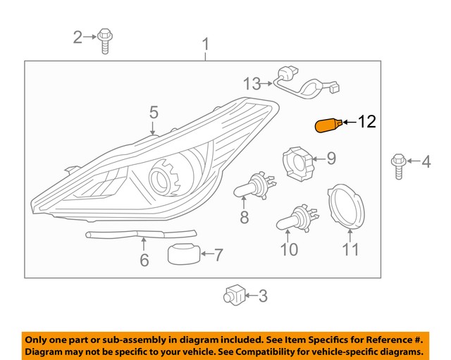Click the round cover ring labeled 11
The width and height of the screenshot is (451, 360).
pos(350,206)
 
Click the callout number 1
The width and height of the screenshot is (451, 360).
pos(206,45)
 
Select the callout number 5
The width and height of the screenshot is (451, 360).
pos(153,111)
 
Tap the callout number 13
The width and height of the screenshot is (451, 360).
pos(252,85)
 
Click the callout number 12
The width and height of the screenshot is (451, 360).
pos(367,122)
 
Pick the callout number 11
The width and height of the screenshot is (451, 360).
pos(350,249)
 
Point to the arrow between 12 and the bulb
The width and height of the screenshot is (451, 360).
pos(349,123)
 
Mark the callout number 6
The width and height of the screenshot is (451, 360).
pos(144,260)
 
